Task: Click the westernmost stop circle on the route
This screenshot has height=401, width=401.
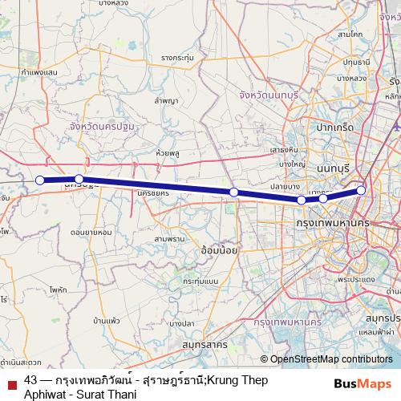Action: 40,180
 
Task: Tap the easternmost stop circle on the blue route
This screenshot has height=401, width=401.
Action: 362,190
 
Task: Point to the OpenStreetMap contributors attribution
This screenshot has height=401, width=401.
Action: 326,359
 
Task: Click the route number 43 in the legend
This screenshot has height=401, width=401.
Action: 31,379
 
